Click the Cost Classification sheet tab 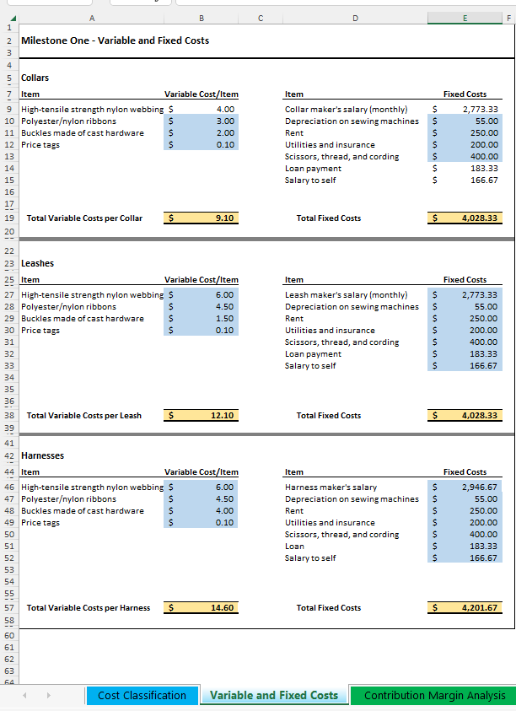[142, 695]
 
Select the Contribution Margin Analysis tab [434, 695]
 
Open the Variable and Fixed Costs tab [274, 695]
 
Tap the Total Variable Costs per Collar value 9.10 [224, 218]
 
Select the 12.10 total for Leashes [224, 416]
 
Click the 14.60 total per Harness [224, 607]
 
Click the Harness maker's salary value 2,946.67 [480, 487]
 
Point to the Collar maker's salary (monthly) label [346, 110]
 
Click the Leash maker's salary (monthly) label [346, 295]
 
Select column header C [260, 17]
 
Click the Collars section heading [35, 78]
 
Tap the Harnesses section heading [42, 456]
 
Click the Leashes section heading [37, 264]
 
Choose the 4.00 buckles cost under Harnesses [224, 511]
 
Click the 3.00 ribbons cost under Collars [224, 121]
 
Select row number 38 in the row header [8, 416]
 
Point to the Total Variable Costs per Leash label [84, 416]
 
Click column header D [354, 17]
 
